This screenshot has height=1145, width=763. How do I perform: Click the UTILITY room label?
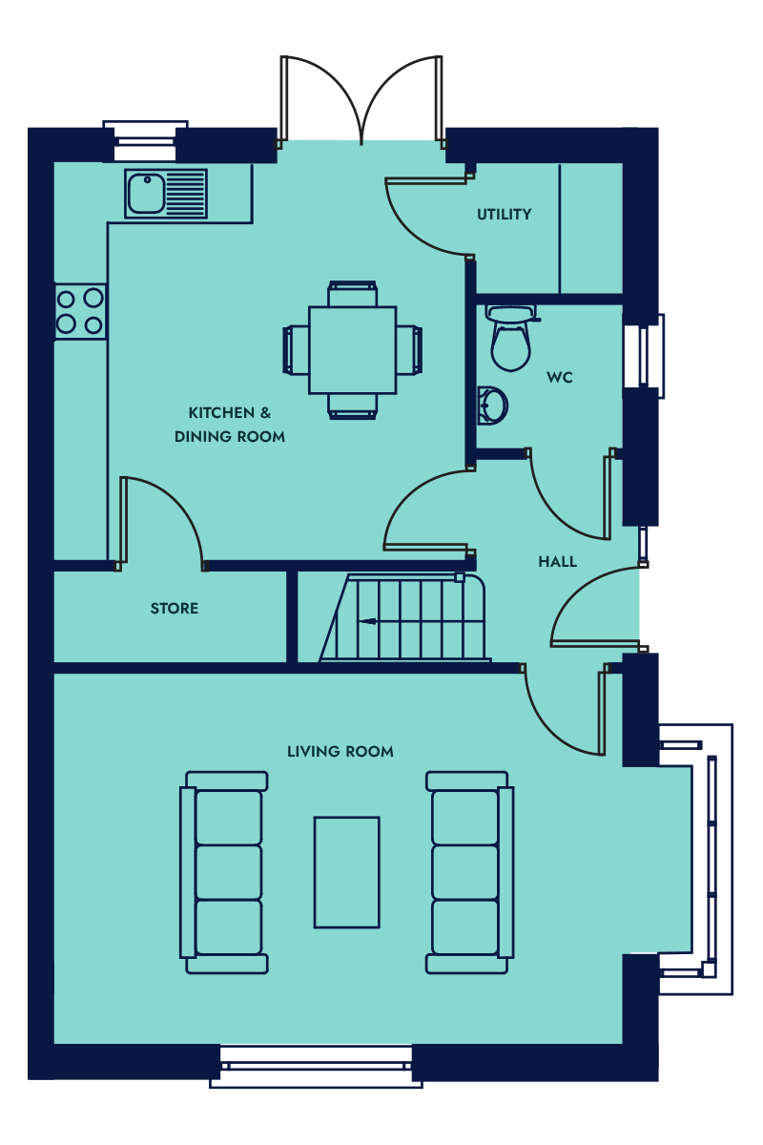coord(504,214)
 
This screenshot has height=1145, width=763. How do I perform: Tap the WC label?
coord(560,378)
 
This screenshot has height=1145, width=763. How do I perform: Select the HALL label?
coord(558,562)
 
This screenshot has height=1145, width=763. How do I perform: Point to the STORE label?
coord(175,609)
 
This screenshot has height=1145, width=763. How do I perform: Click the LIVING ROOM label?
coord(340,752)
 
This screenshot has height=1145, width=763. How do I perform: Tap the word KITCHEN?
coord(221,412)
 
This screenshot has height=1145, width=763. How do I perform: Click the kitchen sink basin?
coord(146,194)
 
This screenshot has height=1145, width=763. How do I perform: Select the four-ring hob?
coord(80,311)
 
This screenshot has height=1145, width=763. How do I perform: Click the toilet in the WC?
coord(511,338)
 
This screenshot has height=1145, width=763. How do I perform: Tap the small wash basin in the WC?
coord(492,406)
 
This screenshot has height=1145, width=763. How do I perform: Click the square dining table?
coord(353,350)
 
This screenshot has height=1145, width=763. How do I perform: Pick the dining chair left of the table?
coord(296,350)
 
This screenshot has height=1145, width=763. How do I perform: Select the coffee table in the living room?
coord(347,872)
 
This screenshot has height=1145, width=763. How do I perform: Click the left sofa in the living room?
coord(224,872)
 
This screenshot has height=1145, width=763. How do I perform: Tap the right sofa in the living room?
coord(469,872)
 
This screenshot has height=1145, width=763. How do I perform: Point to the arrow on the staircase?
coord(367,621)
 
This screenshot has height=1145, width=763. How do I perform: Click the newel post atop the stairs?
coord(460,577)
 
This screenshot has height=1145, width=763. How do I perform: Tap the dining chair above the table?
coord(353,294)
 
